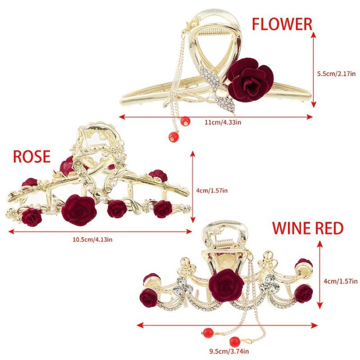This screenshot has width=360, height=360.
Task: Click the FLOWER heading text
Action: tap(282, 24)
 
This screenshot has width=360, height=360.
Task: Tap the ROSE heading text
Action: tap(31, 157)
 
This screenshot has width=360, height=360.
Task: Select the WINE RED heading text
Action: tap(307, 228)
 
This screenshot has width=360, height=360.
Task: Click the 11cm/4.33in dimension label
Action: tap(223, 122)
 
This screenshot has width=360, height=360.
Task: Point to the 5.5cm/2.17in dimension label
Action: tap(336, 74)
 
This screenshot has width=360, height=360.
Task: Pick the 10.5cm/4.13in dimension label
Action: tap(93, 239)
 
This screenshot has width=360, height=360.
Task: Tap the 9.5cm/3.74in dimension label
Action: tap(229, 351)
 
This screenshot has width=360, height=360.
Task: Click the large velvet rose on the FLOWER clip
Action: tap(251, 80)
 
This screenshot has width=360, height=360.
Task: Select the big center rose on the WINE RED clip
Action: tap(226, 283)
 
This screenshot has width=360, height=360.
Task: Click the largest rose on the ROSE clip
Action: tap(79, 210)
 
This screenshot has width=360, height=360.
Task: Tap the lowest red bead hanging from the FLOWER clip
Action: tap(173, 137)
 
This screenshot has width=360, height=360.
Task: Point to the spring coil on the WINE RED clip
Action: tap(224, 244)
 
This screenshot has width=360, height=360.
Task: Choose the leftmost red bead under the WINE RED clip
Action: tap(208, 333)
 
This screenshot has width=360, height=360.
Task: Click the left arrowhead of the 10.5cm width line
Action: tap(10, 232)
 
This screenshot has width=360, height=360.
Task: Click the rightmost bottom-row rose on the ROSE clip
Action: tap(162, 209)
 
